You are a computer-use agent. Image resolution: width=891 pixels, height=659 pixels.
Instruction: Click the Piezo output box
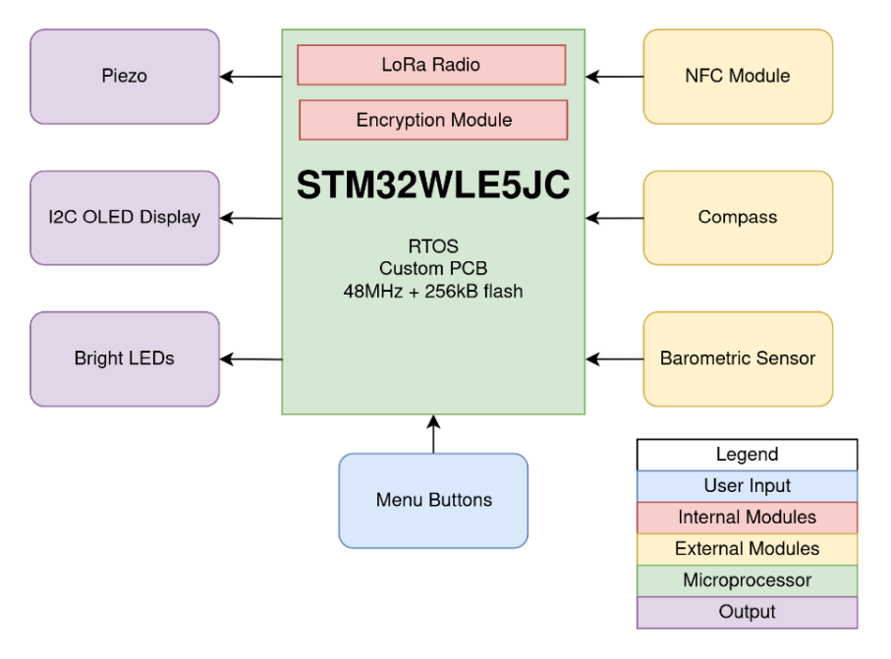124,77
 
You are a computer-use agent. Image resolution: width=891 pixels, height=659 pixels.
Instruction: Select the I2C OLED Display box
124,218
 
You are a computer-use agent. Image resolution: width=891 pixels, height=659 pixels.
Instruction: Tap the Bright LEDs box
124,358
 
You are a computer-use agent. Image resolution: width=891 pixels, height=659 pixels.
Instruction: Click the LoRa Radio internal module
431,66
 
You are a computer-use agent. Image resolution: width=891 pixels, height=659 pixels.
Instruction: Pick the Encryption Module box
433,120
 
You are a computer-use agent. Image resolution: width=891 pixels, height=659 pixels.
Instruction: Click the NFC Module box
738,77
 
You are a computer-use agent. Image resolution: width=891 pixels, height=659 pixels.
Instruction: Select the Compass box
738,218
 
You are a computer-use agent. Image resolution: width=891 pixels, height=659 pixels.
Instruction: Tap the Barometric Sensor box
738,358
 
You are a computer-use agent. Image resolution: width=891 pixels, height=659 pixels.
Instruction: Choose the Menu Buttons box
433,500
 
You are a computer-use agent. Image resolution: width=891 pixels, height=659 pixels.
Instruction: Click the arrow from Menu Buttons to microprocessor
433,434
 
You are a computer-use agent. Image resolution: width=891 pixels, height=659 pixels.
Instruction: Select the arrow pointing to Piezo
251,77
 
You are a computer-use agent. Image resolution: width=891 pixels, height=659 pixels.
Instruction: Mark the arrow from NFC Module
615,77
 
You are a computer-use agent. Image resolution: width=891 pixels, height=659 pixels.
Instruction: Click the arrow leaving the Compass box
615,218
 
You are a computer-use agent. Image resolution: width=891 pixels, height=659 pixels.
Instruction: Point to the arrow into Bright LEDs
251,359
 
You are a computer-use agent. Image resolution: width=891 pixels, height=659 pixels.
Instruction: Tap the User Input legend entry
747,486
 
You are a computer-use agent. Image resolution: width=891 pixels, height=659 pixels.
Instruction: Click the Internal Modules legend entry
747,518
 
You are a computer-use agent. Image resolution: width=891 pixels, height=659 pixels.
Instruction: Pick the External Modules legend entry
747,549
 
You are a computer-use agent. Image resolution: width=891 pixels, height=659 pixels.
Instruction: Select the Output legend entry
747,612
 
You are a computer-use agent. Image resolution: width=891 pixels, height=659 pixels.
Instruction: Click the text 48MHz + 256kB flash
433,292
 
